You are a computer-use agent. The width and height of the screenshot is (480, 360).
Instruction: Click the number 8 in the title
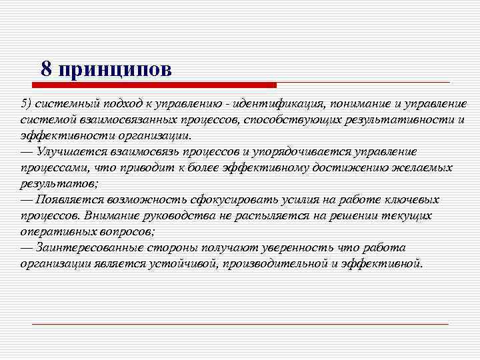[46, 69]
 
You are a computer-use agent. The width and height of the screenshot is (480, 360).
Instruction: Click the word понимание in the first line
[365, 104]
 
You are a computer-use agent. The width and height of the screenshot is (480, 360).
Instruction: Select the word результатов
[59, 183]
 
